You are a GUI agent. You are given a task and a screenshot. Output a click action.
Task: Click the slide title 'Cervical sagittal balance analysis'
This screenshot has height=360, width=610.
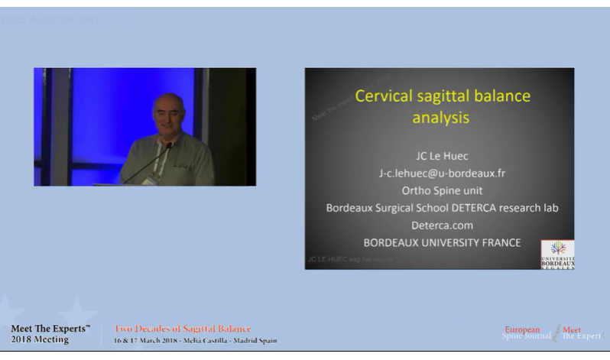point(442,107)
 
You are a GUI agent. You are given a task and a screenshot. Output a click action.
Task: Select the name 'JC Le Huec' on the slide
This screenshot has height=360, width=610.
point(442,155)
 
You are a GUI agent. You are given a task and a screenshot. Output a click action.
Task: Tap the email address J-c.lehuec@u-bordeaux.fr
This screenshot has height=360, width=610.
point(442,173)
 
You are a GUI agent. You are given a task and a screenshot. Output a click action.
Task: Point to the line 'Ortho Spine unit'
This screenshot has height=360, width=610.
point(442,190)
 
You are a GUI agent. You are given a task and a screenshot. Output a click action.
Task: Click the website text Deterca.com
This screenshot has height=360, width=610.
point(442,225)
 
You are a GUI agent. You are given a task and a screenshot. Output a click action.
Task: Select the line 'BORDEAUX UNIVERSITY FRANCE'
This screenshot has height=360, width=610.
point(442,243)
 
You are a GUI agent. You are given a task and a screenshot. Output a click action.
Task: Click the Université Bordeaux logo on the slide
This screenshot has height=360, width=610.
point(557,254)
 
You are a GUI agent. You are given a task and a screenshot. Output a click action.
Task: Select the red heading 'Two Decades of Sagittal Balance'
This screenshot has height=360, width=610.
point(182,329)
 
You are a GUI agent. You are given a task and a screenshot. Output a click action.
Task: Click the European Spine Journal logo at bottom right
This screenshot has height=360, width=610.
point(551,333)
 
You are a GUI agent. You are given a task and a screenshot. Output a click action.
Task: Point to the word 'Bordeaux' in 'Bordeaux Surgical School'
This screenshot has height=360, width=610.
point(349,208)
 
